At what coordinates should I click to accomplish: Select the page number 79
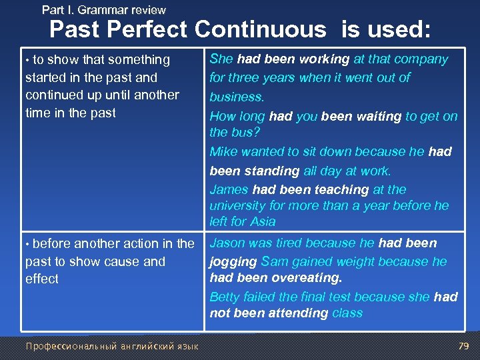464,346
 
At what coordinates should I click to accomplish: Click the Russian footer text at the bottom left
111,346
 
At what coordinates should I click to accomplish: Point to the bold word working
325,59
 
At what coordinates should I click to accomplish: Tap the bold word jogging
233,261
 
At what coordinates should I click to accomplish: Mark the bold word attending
299,313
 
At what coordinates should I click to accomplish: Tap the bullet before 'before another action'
27,244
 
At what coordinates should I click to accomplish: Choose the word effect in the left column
42,279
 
